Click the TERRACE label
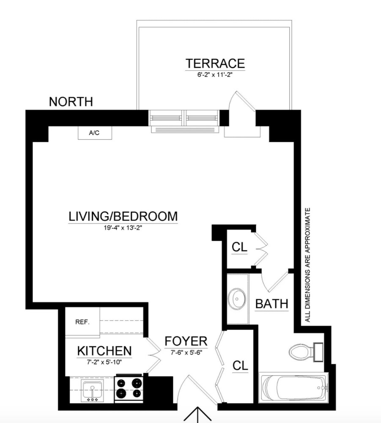click(215, 64)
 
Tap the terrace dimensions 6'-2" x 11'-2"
click(215, 75)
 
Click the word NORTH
click(71, 102)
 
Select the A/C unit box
click(95, 133)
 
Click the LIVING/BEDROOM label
click(123, 217)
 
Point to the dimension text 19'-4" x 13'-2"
click(123, 228)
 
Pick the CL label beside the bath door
click(239, 247)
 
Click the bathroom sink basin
click(237, 299)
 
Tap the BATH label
click(271, 304)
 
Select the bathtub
click(293, 388)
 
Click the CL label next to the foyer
click(240, 366)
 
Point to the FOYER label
click(186, 341)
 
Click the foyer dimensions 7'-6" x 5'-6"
click(186, 353)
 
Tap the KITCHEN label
click(104, 351)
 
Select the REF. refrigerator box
click(82, 322)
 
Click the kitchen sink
click(93, 390)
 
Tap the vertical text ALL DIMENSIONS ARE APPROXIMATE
click(308, 265)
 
